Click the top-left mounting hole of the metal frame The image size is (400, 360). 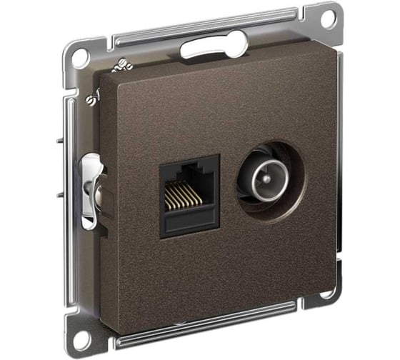point(81,56)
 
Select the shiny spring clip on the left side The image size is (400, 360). point(92,190)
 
